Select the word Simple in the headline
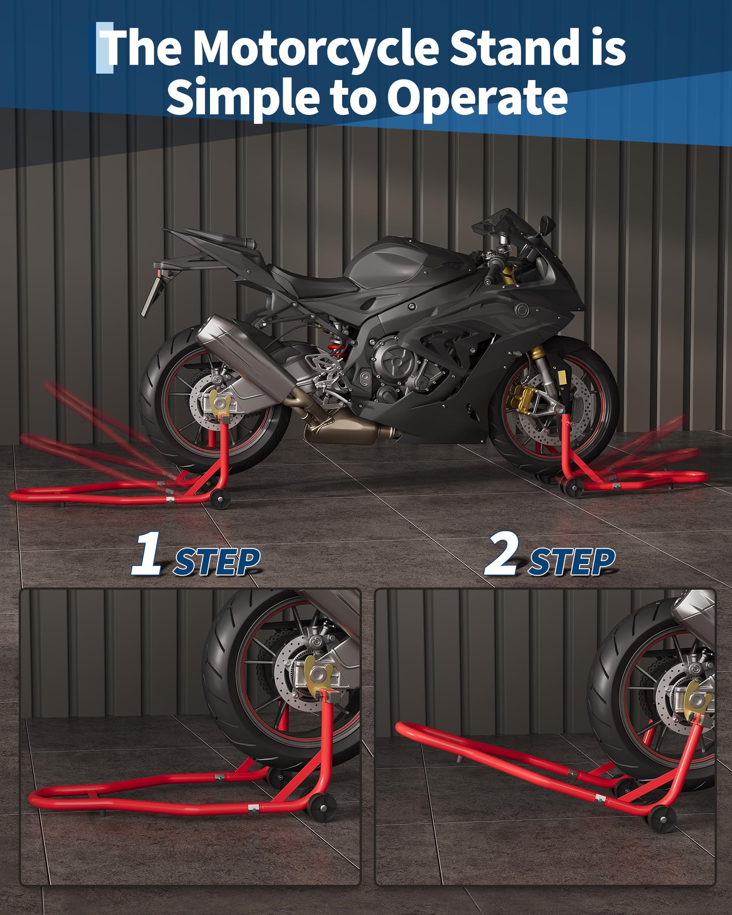coord(242,97)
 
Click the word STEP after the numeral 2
coord(571,562)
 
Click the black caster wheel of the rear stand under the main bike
coord(220,499)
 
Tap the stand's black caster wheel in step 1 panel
coord(321,808)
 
